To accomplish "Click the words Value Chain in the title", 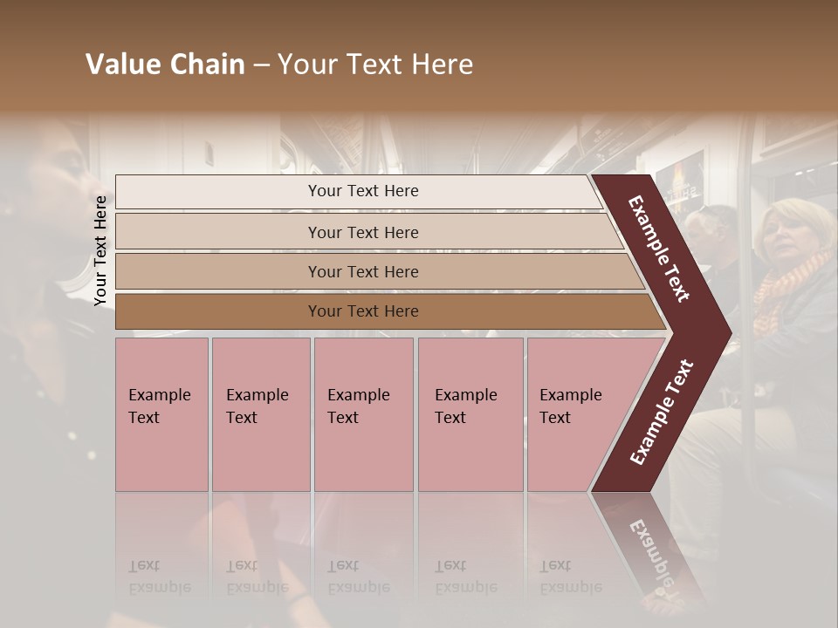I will tap(165, 65).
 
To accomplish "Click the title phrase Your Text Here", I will tap(375, 65).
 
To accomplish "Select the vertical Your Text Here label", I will tap(101, 250).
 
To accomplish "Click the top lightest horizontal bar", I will tap(362, 191).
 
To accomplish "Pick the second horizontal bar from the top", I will tap(362, 232).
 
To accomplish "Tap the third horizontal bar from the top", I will tap(362, 271).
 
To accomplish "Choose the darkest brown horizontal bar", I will tap(362, 311).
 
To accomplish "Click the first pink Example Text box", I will tap(161, 414).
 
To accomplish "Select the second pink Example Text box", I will tap(260, 414).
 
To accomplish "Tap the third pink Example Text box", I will tap(363, 414).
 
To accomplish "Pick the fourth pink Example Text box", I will tap(471, 414).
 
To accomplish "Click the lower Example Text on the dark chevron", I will tap(662, 412).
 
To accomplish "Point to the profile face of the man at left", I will tap(70, 174).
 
